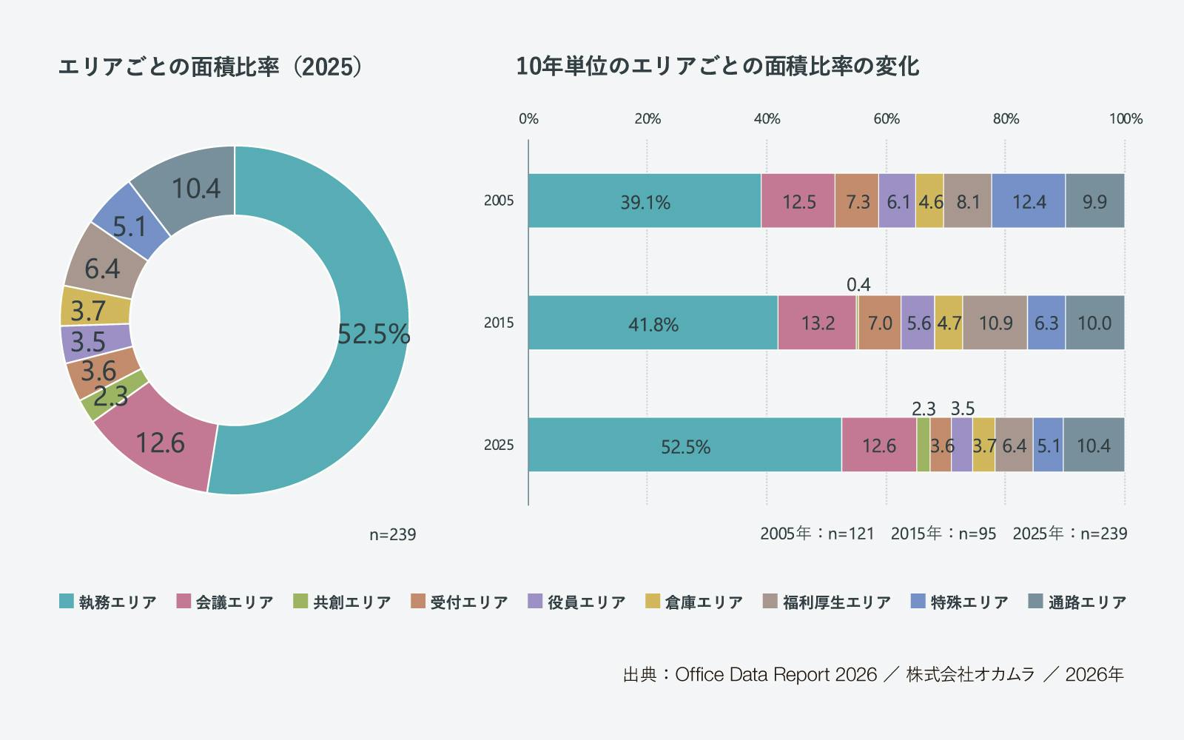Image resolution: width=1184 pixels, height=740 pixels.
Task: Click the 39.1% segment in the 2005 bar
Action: [645, 201]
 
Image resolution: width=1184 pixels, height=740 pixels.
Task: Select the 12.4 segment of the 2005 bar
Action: [1029, 201]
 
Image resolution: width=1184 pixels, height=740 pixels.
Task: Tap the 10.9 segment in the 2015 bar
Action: [995, 323]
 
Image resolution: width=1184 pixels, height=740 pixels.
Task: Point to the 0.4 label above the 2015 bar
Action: [858, 285]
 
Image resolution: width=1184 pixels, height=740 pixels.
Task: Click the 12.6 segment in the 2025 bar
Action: [878, 445]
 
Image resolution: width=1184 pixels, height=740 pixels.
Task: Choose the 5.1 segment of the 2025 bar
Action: [1048, 445]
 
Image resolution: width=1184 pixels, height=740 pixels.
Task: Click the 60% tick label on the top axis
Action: [887, 119]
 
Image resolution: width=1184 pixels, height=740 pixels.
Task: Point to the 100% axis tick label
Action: [1126, 119]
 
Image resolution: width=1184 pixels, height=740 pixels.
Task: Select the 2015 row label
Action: [499, 323]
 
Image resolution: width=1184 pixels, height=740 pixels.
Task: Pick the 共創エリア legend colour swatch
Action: [300, 602]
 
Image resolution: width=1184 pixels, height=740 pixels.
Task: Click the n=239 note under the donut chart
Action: [393, 534]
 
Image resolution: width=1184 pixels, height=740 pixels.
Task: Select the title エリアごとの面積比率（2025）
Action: [211, 67]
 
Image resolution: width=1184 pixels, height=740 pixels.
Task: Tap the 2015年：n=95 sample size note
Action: [943, 534]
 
